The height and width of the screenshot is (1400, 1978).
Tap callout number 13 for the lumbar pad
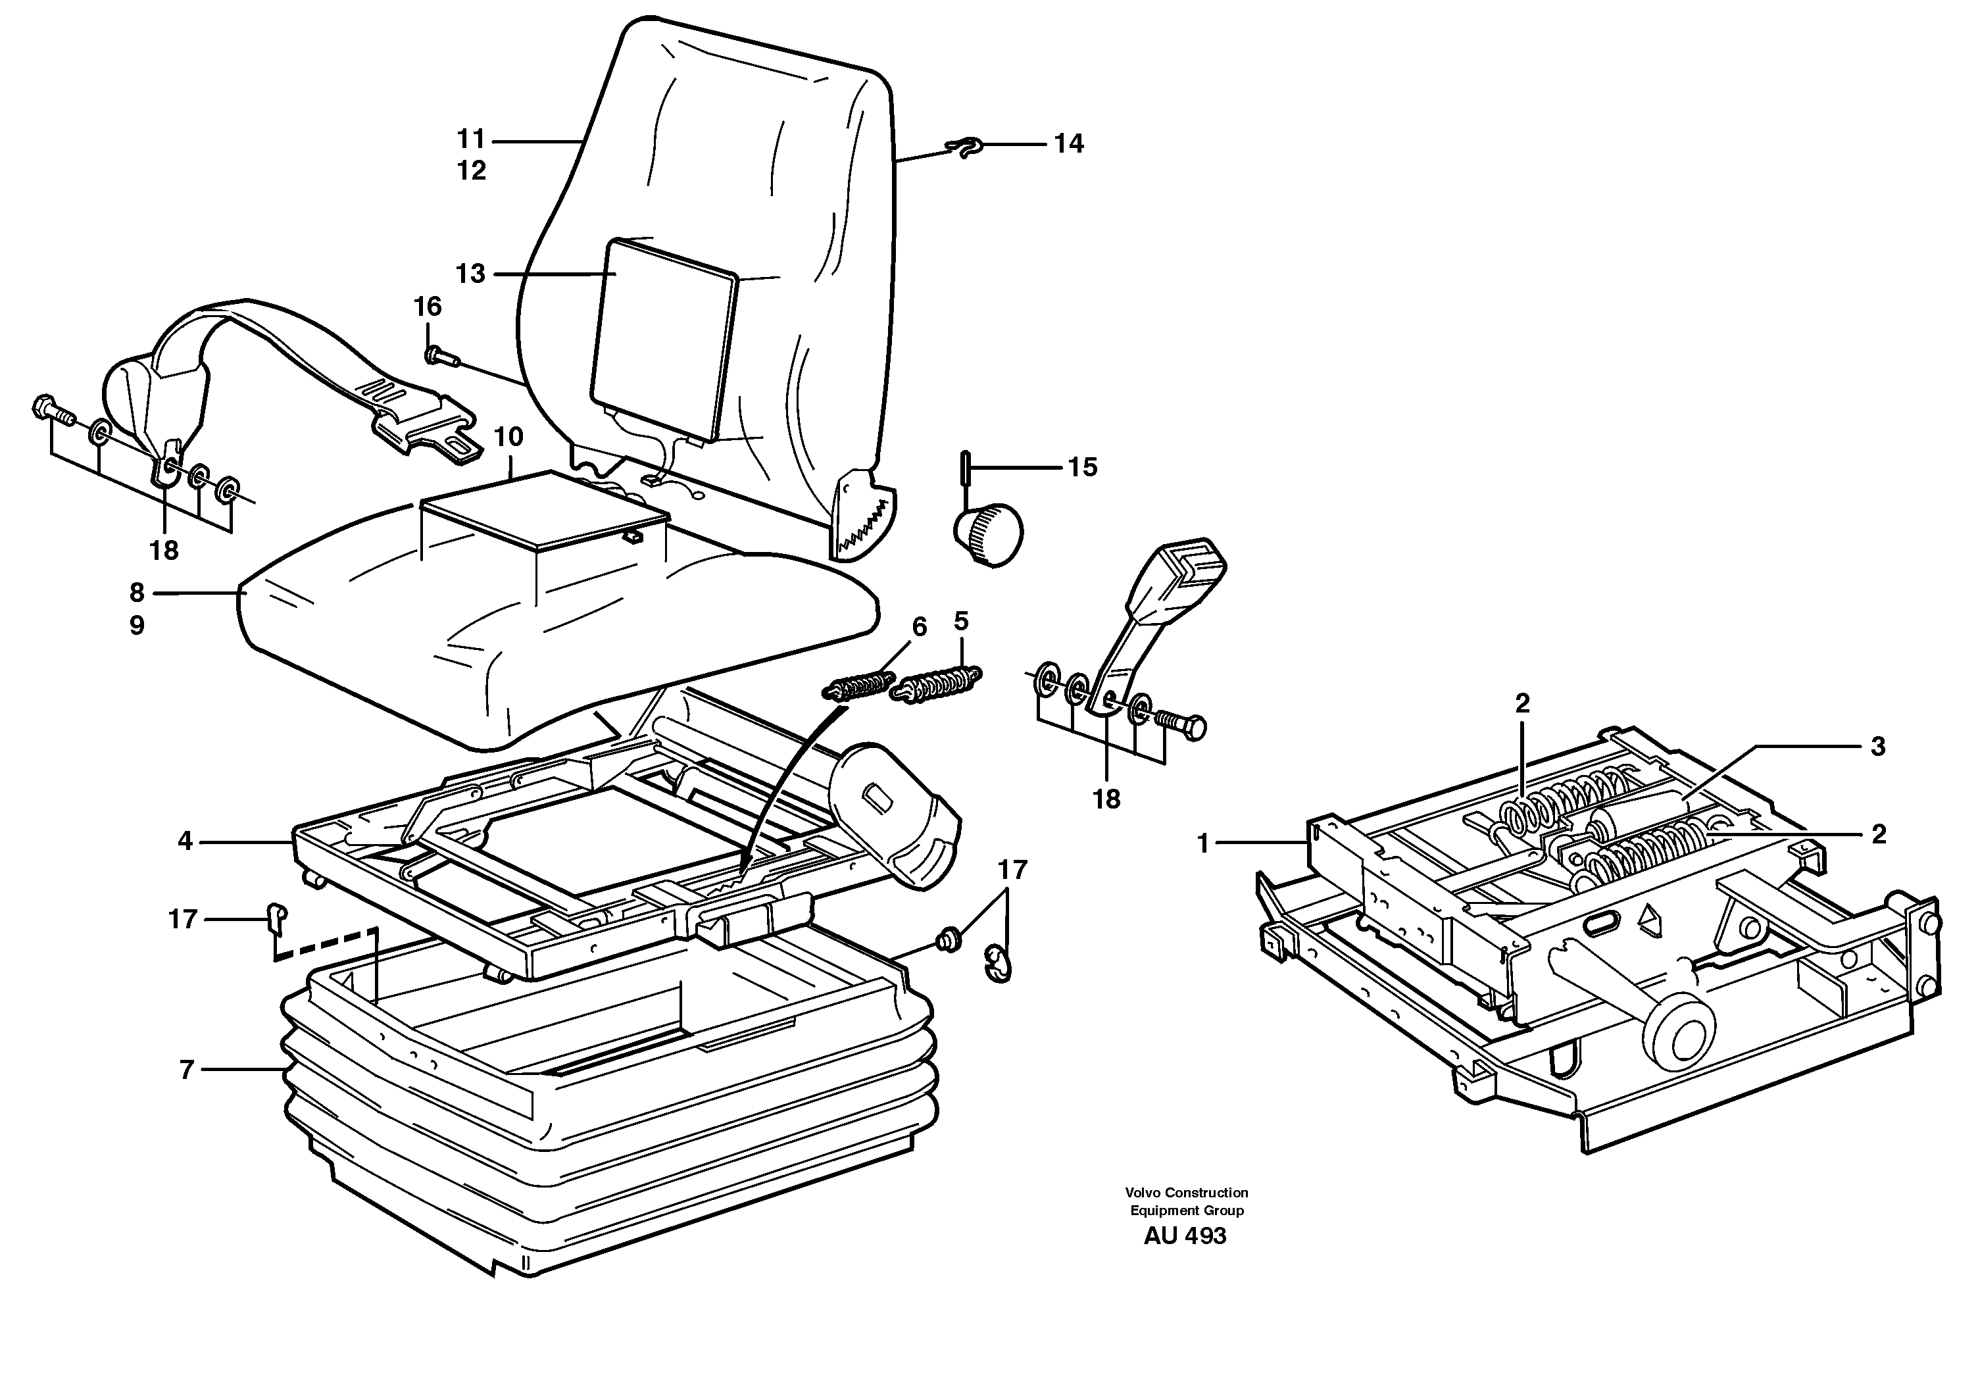[x=470, y=274]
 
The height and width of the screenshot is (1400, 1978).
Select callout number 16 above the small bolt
[x=428, y=307]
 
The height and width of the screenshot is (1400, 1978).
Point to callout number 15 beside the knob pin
[x=1083, y=467]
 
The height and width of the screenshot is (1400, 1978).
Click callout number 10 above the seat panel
[x=508, y=437]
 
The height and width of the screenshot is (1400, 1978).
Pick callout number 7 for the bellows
[x=187, y=1070]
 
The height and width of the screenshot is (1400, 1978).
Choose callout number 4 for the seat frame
[x=185, y=841]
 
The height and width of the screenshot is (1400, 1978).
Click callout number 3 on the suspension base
[x=1878, y=747]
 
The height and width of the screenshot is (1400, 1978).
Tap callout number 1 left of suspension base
[x=1204, y=845]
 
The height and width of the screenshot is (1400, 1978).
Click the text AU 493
[x=1185, y=1236]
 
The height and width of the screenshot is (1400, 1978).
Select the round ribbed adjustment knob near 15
[x=988, y=536]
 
